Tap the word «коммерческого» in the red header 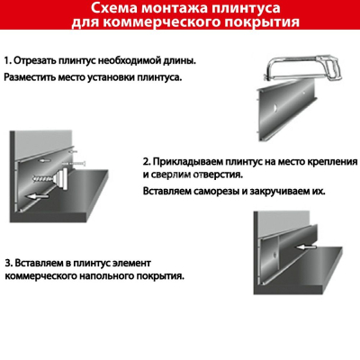click(x=151, y=22)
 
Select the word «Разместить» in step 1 click(x=30, y=77)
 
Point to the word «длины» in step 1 click(x=183, y=61)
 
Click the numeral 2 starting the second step click(x=146, y=162)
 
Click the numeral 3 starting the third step click(x=8, y=263)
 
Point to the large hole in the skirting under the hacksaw click(x=274, y=107)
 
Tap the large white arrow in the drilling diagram click(x=37, y=196)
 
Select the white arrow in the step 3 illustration click(x=305, y=247)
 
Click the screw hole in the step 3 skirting click(x=274, y=255)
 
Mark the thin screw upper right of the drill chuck click(x=74, y=164)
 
